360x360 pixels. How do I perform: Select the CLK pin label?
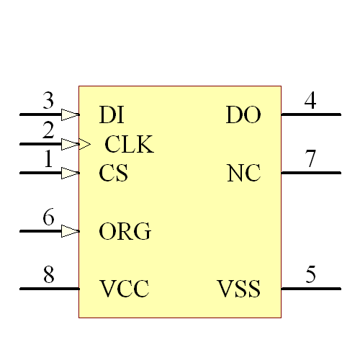(130, 145)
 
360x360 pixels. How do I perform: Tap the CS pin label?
(113, 174)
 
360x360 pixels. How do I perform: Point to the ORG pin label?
(125, 232)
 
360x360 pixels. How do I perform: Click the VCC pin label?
(124, 289)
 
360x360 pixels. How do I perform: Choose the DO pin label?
(243, 114)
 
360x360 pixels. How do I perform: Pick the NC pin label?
(244, 174)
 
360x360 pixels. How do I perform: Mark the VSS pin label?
(239, 289)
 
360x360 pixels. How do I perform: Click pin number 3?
(48, 101)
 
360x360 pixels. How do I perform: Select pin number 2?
(48, 130)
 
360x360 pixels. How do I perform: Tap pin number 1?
(48, 159)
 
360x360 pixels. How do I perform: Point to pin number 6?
(48, 217)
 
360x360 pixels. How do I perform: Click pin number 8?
(48, 275)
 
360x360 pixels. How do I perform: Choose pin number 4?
(310, 101)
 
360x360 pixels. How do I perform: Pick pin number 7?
(310, 159)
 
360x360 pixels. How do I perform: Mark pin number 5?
(310, 275)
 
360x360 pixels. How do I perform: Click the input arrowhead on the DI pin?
(70, 114)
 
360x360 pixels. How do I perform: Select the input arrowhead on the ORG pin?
(70, 231)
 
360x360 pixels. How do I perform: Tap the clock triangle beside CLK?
(84, 145)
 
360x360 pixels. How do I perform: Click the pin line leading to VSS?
(310, 289)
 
